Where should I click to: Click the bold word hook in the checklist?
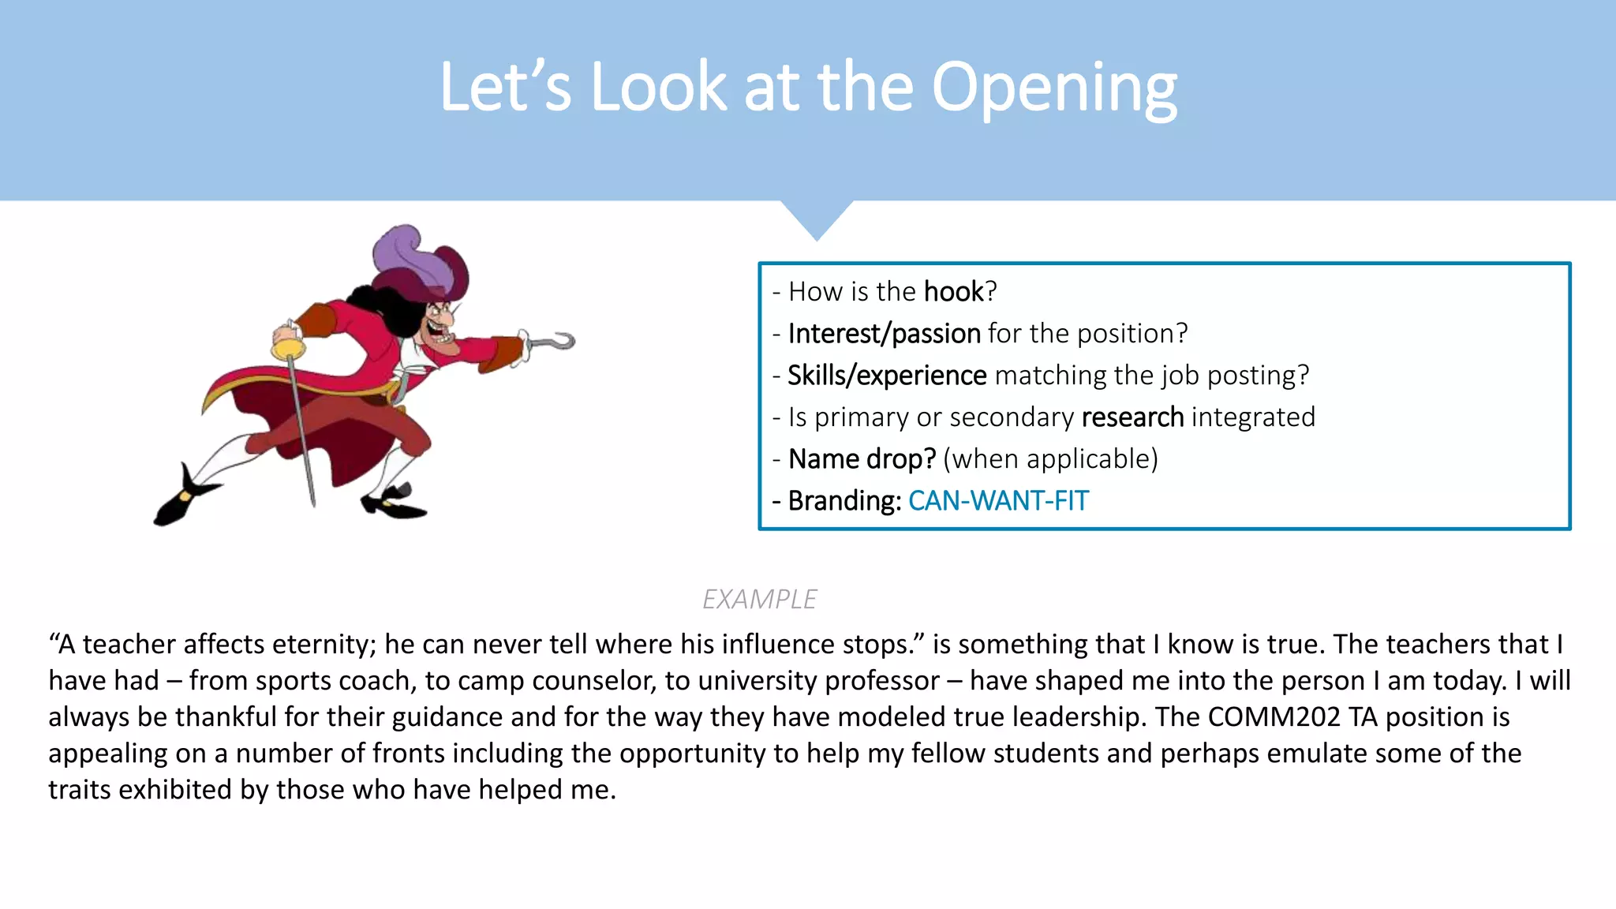coord(954,292)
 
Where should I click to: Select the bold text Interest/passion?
coord(884,334)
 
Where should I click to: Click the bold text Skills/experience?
coord(887,376)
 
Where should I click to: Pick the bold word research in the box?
coord(1132,417)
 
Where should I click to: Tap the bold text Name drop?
coord(862,459)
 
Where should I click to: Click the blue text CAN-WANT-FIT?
coord(998,501)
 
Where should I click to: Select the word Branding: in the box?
coord(844,501)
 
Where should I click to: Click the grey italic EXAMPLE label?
coord(759,600)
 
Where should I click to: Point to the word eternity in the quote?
coord(324,645)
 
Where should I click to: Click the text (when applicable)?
coord(1050,459)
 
